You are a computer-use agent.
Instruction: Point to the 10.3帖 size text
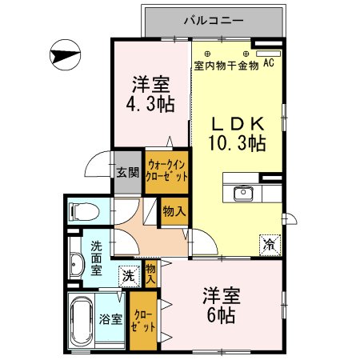click(x=238, y=144)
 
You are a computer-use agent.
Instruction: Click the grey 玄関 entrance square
click(x=127, y=172)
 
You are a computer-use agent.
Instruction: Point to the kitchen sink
click(x=243, y=193)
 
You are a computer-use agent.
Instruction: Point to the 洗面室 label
click(x=96, y=258)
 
